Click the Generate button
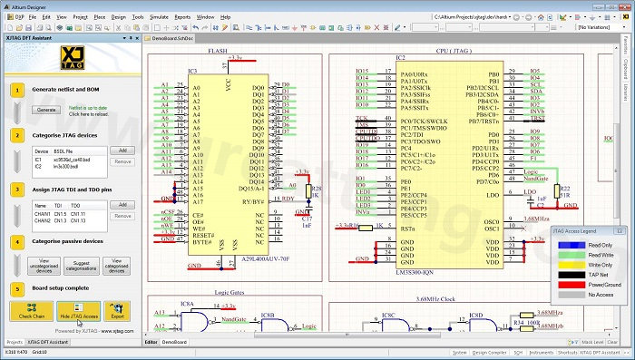[x=45, y=109]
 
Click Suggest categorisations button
[x=80, y=266]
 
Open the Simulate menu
[x=159, y=17]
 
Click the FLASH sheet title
[x=218, y=52]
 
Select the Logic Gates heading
[x=230, y=292]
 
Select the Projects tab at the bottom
[x=15, y=342]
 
